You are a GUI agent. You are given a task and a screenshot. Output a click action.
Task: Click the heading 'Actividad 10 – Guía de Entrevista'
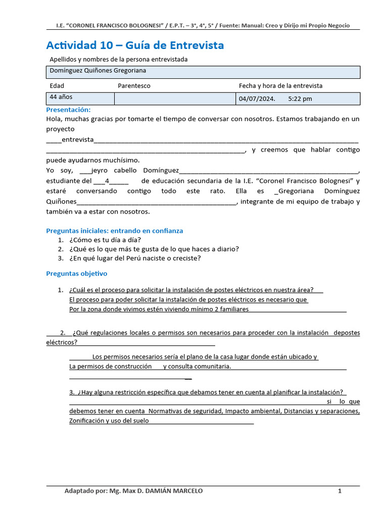coord(135,45)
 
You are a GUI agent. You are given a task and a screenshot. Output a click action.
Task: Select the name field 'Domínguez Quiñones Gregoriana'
coord(98,71)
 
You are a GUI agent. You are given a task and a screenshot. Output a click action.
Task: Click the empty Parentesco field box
coord(175,98)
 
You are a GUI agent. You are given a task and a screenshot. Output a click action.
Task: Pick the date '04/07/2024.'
coord(257,99)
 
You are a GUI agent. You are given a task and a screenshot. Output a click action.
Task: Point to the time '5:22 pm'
coord(300,99)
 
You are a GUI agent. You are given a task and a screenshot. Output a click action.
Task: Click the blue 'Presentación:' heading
coord(68,110)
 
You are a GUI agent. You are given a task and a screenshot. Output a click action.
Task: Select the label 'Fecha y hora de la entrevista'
coord(280,86)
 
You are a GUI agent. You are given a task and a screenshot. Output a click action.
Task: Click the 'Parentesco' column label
coord(134,86)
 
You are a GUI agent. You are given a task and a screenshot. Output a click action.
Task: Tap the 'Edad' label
coord(57,86)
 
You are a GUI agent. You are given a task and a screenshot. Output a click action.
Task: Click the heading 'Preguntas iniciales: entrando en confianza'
coord(114,231)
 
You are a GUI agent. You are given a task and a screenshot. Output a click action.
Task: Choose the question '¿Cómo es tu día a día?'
coord(105,240)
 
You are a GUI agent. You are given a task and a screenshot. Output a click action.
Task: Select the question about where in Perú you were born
coord(135,258)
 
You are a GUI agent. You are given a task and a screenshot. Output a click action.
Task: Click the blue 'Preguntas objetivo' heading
coord(76,274)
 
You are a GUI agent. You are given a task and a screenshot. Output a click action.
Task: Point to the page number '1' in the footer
coord(340,491)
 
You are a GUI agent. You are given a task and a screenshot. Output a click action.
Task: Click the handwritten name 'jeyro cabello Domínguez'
coord(135,171)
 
